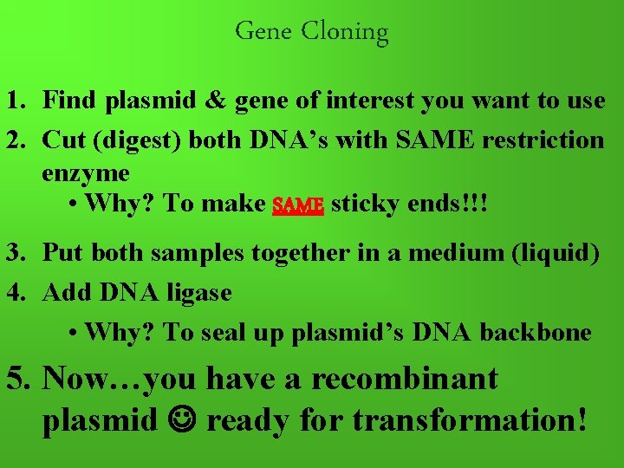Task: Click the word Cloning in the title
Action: point(345,32)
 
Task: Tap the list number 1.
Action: point(15,101)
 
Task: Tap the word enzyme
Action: point(85,172)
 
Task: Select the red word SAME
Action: point(297,205)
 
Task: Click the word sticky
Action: point(364,205)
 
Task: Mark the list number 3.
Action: point(15,254)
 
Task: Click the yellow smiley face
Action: point(185,420)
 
